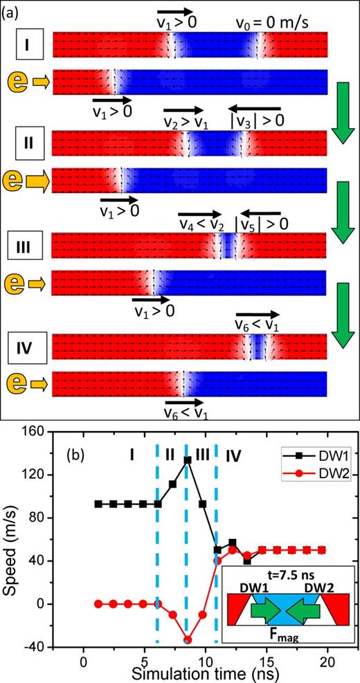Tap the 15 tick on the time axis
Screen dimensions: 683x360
click(264, 659)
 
